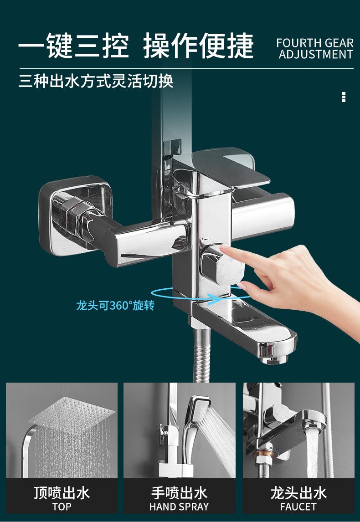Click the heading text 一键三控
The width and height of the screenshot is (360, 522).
click(74, 46)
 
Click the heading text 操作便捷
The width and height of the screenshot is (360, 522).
click(199, 46)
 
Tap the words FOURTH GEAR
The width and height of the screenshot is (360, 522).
click(315, 43)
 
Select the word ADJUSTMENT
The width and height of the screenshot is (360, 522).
click(316, 54)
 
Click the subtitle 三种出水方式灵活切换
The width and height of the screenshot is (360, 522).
click(96, 81)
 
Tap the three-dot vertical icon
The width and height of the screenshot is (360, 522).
click(344, 97)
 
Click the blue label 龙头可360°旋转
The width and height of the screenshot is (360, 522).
click(115, 305)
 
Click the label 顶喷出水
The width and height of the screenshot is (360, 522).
click(62, 493)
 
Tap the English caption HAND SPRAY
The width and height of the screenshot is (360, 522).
click(179, 507)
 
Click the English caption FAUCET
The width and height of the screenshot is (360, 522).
click(298, 507)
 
